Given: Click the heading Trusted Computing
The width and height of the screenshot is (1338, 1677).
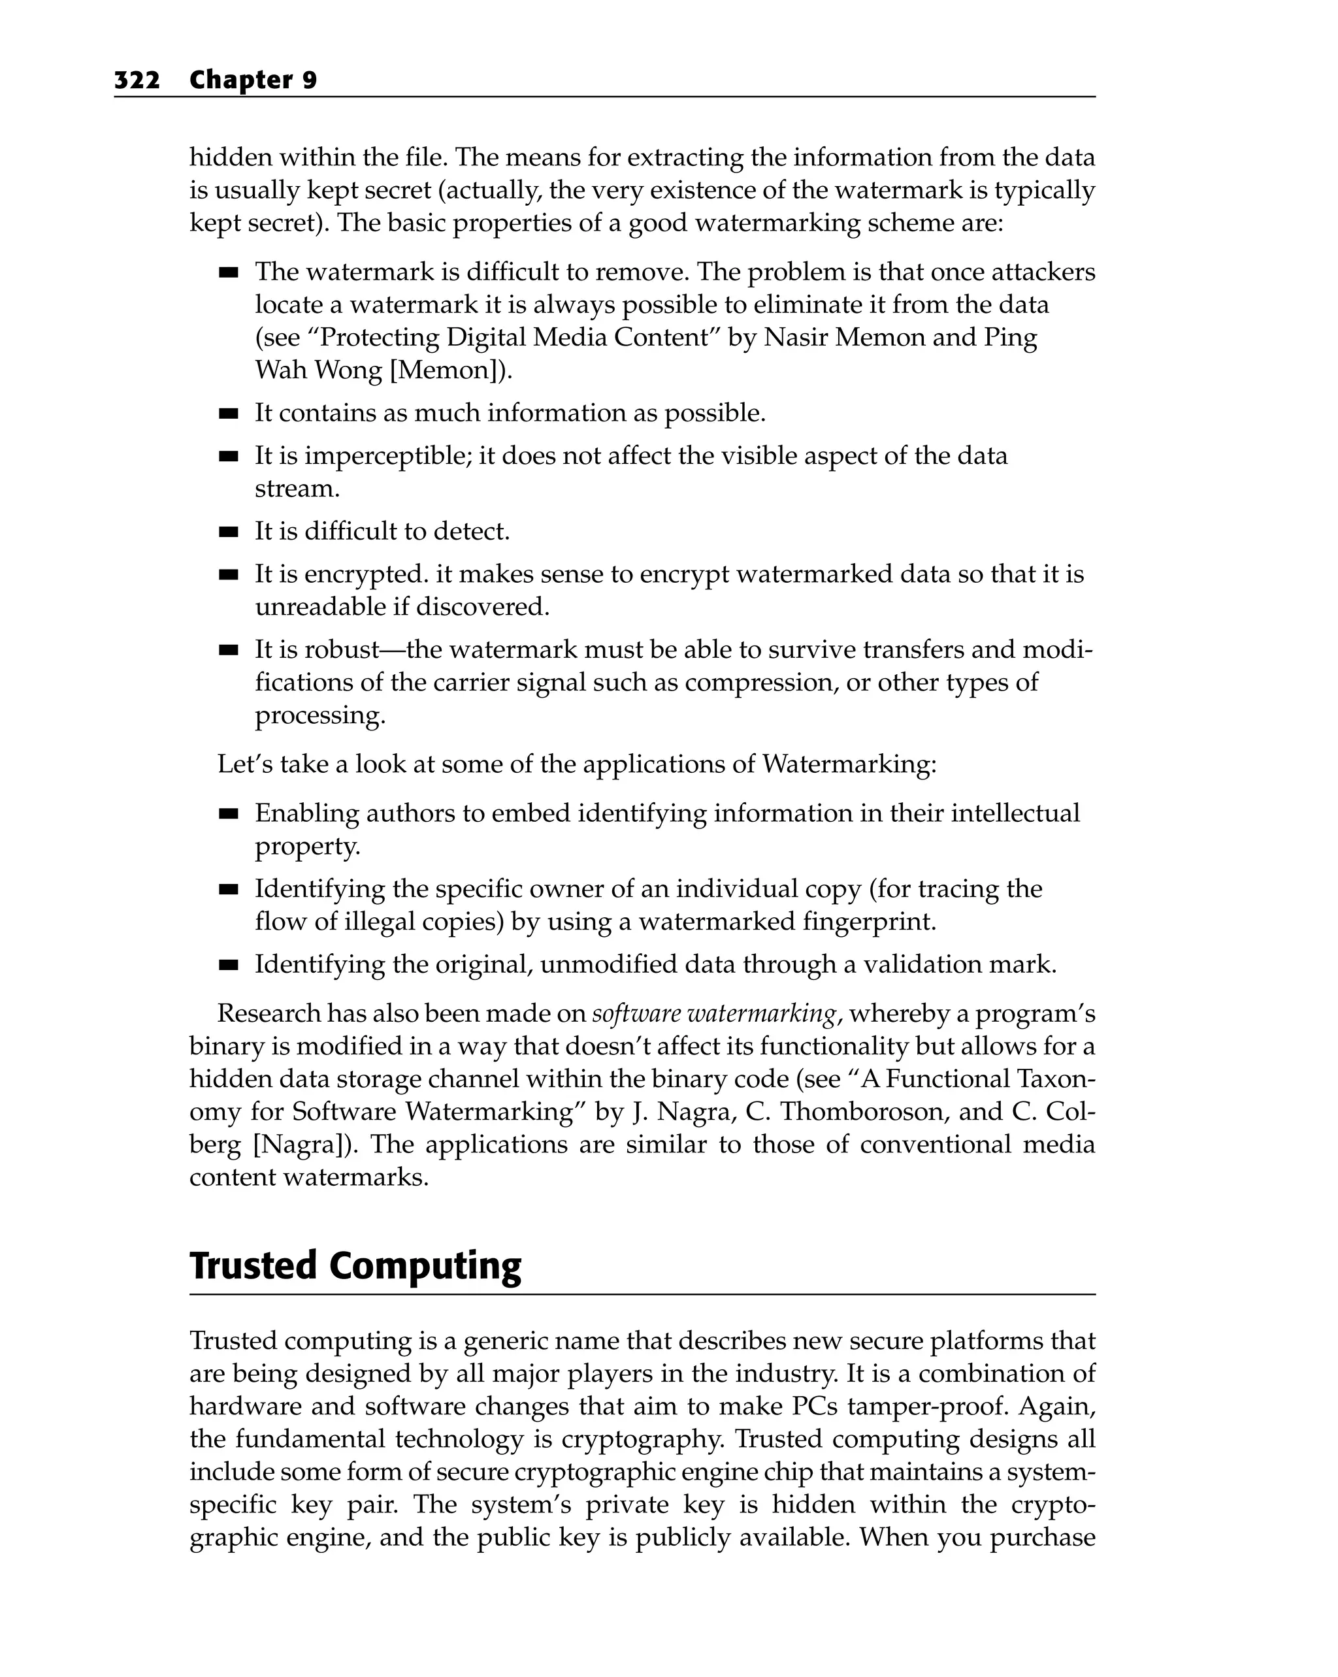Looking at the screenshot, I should tap(355, 1265).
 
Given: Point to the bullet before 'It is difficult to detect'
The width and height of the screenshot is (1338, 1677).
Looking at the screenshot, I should tap(228, 533).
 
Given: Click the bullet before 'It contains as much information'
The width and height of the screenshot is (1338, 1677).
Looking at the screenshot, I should tap(228, 414).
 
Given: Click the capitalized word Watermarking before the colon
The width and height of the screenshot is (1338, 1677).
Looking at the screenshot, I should tap(845, 764).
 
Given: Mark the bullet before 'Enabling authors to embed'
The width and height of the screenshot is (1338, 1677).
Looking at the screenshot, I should tap(228, 815).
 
